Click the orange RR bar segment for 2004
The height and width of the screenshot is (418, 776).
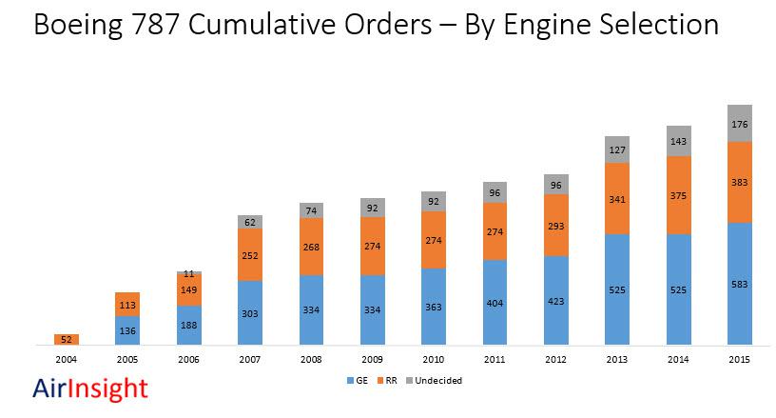(67, 339)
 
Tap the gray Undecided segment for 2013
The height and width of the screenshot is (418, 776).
(617, 149)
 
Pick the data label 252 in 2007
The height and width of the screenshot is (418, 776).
(250, 255)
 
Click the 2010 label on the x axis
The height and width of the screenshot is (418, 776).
(434, 360)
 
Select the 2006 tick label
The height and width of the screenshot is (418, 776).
(189, 360)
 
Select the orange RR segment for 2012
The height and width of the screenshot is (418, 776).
(555, 225)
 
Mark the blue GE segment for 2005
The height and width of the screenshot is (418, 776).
(128, 330)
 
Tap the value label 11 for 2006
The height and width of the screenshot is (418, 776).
(189, 273)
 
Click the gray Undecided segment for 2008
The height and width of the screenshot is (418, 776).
(311, 209)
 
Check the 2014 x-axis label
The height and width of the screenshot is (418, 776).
(678, 360)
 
